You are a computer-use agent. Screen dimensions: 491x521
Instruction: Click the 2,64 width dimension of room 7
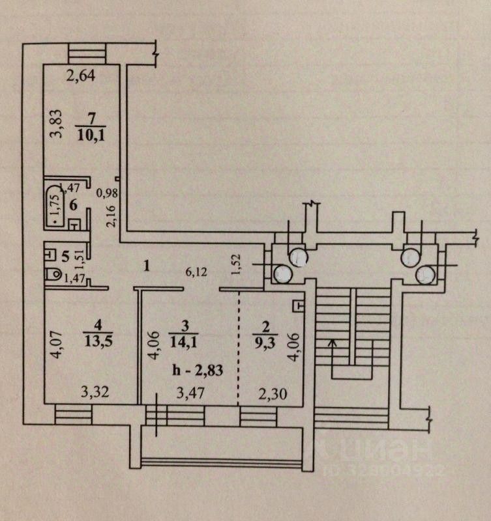[x=82, y=77]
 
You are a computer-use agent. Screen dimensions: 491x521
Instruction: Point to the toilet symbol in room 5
[x=53, y=276]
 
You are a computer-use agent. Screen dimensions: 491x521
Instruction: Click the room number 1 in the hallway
[x=147, y=265]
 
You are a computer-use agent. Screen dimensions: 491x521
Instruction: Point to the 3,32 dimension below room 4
[x=94, y=393]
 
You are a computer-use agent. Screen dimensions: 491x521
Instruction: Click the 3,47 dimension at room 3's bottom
[x=192, y=393]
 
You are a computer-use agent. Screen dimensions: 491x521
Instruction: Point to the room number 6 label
[x=74, y=205]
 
